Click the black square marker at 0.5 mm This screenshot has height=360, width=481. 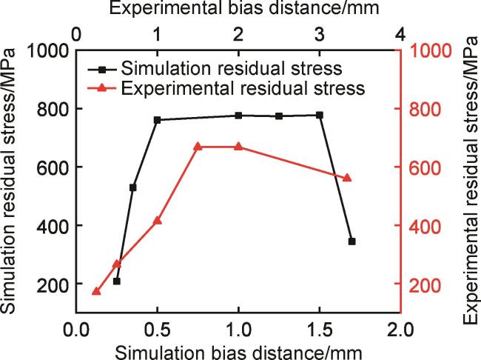(157, 119)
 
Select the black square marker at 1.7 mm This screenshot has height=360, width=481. (351, 241)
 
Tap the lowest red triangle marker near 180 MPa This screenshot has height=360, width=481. (96, 292)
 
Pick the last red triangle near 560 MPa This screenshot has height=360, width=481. (347, 178)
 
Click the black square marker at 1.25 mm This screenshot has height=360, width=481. (279, 116)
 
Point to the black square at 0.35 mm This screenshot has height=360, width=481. (132, 187)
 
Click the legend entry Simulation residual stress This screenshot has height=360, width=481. (231, 69)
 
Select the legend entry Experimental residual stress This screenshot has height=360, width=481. (243, 88)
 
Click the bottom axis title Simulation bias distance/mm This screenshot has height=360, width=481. (238, 349)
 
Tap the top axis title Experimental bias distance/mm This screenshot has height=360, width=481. (238, 10)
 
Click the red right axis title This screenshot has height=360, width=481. (469, 181)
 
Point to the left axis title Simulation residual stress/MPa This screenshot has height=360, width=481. (10, 181)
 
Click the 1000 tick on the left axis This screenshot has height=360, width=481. (47, 51)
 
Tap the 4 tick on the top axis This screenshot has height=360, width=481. (400, 34)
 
